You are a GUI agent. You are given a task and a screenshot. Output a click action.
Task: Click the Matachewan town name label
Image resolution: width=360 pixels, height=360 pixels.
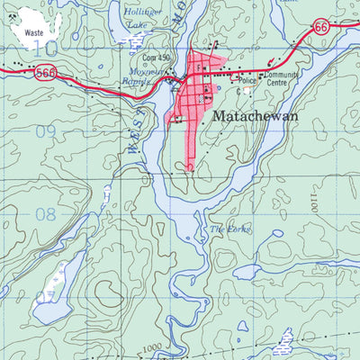click(256, 116)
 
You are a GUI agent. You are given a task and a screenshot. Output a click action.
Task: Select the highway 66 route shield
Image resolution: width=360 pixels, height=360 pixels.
click(321, 28)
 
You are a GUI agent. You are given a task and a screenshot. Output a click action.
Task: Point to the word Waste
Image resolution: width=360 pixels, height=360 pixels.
click(34, 31)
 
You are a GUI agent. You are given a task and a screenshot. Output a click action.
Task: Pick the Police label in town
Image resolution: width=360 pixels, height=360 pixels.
click(248, 81)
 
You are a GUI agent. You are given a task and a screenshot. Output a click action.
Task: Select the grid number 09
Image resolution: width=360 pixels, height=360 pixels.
click(47, 131)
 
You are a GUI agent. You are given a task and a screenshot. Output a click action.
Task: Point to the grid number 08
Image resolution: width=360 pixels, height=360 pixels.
click(45, 215)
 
